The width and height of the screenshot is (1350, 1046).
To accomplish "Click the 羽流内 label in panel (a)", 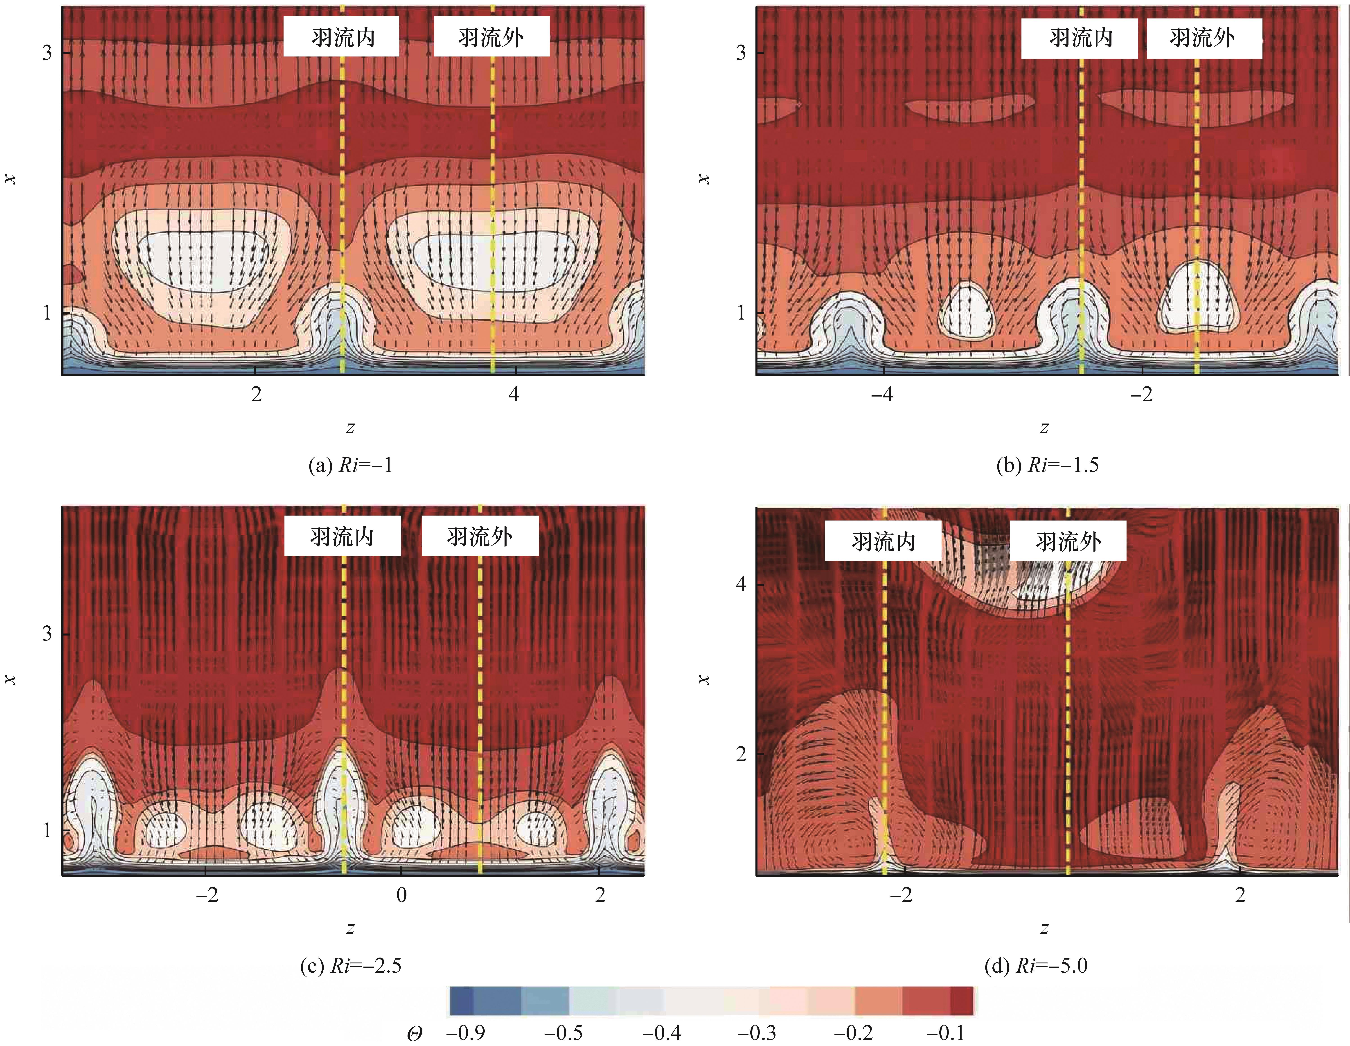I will pyautogui.click(x=342, y=37).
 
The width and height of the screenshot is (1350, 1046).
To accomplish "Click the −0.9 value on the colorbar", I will pyautogui.click(x=465, y=1032).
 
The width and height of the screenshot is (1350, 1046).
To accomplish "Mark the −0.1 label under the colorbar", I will pyautogui.click(x=946, y=1032).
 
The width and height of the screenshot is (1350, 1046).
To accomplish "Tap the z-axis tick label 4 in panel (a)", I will pyautogui.click(x=514, y=394).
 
